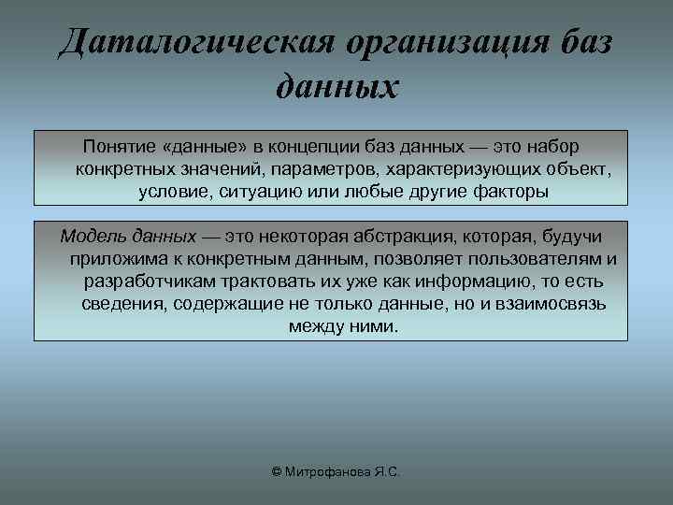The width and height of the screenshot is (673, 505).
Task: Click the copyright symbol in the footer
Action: [x=276, y=473]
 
